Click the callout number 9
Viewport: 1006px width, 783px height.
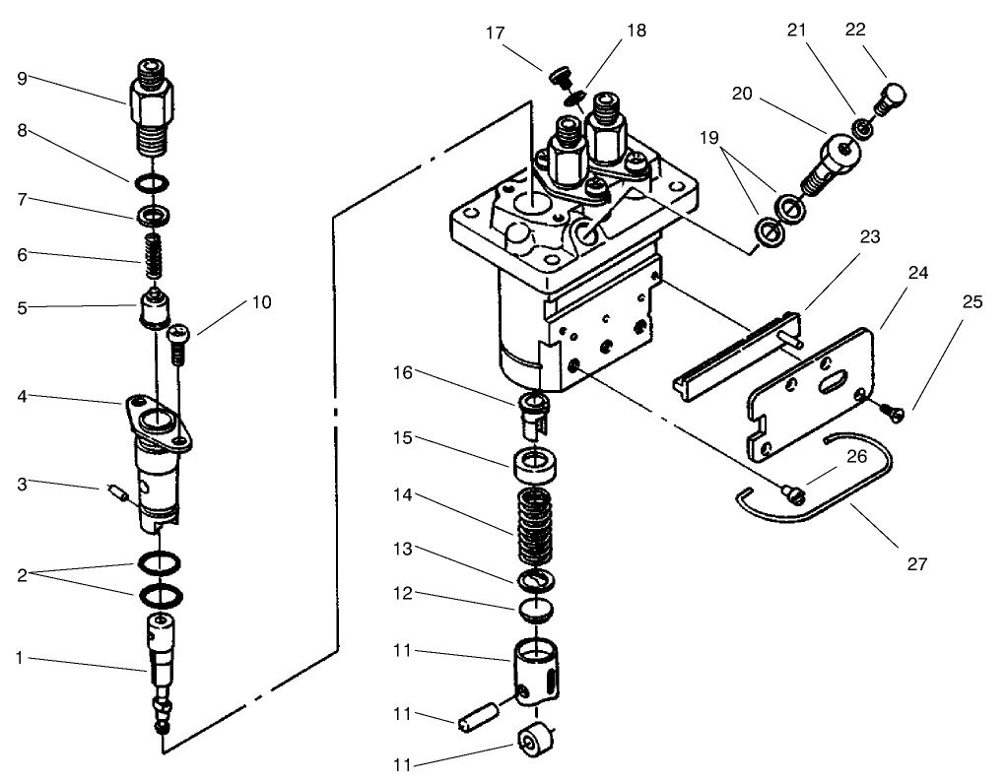(22, 78)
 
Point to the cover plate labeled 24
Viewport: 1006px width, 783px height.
(811, 394)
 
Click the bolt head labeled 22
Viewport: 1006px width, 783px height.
(891, 99)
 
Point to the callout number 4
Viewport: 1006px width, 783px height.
(22, 397)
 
